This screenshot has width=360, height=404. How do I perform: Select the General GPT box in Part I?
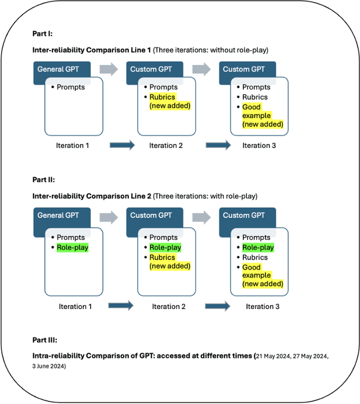(58, 69)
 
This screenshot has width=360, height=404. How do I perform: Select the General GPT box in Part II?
(58, 216)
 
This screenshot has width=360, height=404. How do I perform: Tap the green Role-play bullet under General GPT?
(72, 248)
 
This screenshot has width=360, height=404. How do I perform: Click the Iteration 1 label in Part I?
(73, 145)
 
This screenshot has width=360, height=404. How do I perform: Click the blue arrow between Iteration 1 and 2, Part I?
(120, 145)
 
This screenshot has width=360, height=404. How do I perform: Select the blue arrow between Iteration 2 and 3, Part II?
(218, 307)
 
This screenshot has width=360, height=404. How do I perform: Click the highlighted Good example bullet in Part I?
(262, 115)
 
